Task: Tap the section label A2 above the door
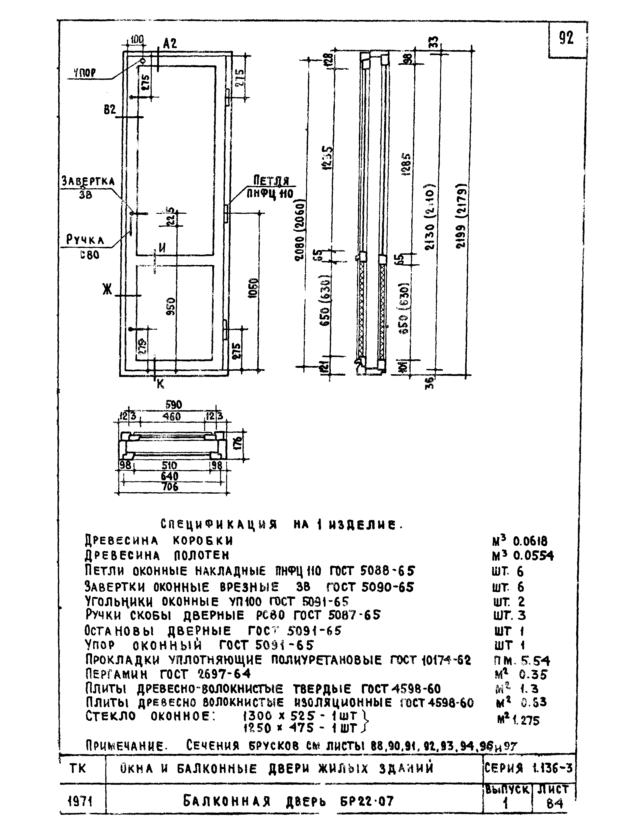click(x=170, y=43)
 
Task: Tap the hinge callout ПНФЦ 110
click(x=270, y=194)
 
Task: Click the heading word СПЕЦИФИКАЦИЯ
click(x=219, y=524)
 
